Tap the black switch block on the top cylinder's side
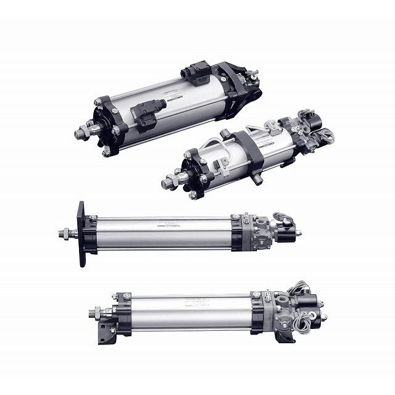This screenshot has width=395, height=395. click(146, 115)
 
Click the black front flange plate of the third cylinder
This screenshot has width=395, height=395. click(81, 233)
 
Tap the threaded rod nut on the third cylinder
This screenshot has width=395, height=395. click(65, 233)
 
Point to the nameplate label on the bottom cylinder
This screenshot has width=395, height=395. click(196, 302)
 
